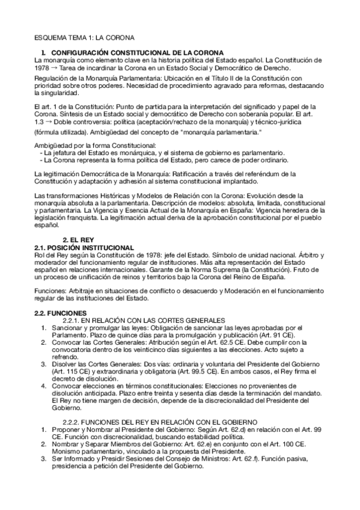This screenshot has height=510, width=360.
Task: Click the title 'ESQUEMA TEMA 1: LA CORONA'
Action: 84,37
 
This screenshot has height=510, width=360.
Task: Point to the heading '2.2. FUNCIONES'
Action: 61,312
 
